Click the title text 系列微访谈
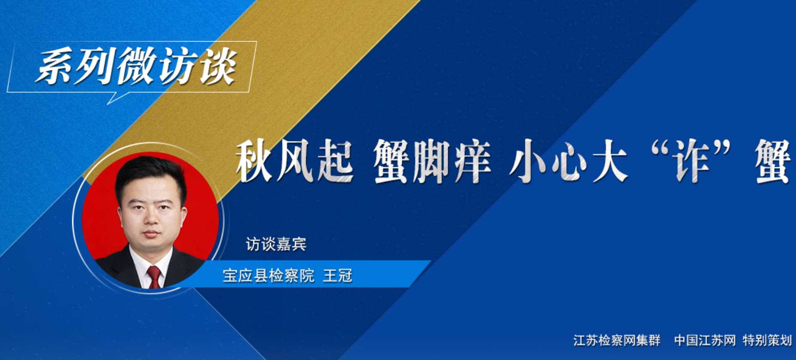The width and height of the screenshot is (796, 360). tap(136, 67)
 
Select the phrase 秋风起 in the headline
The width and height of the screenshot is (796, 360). tap(294, 161)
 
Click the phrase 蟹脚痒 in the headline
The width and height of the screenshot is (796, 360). tap(432, 161)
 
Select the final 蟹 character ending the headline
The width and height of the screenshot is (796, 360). tap(774, 161)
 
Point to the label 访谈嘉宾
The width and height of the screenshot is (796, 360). tap(276, 244)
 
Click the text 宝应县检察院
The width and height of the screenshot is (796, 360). tap(268, 276)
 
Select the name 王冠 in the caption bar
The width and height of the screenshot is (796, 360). tap(338, 276)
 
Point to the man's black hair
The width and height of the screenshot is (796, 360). tap(149, 172)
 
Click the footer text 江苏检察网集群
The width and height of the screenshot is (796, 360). tap(617, 340)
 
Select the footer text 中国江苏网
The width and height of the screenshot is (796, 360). tap(705, 340)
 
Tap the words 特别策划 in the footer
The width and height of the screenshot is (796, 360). tap(767, 340)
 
